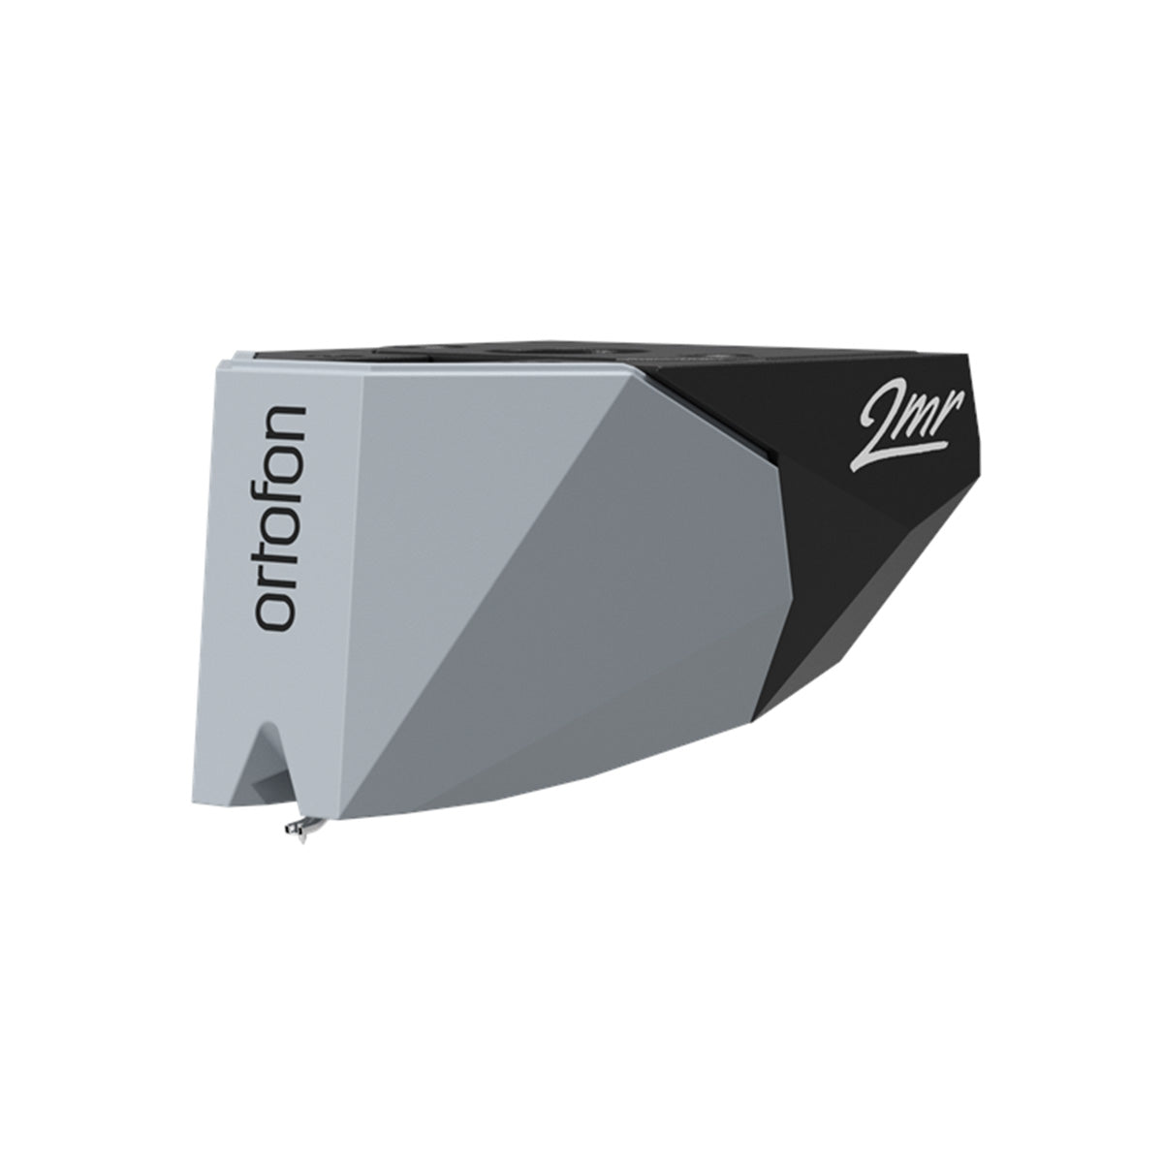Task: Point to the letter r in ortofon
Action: [282, 580]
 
